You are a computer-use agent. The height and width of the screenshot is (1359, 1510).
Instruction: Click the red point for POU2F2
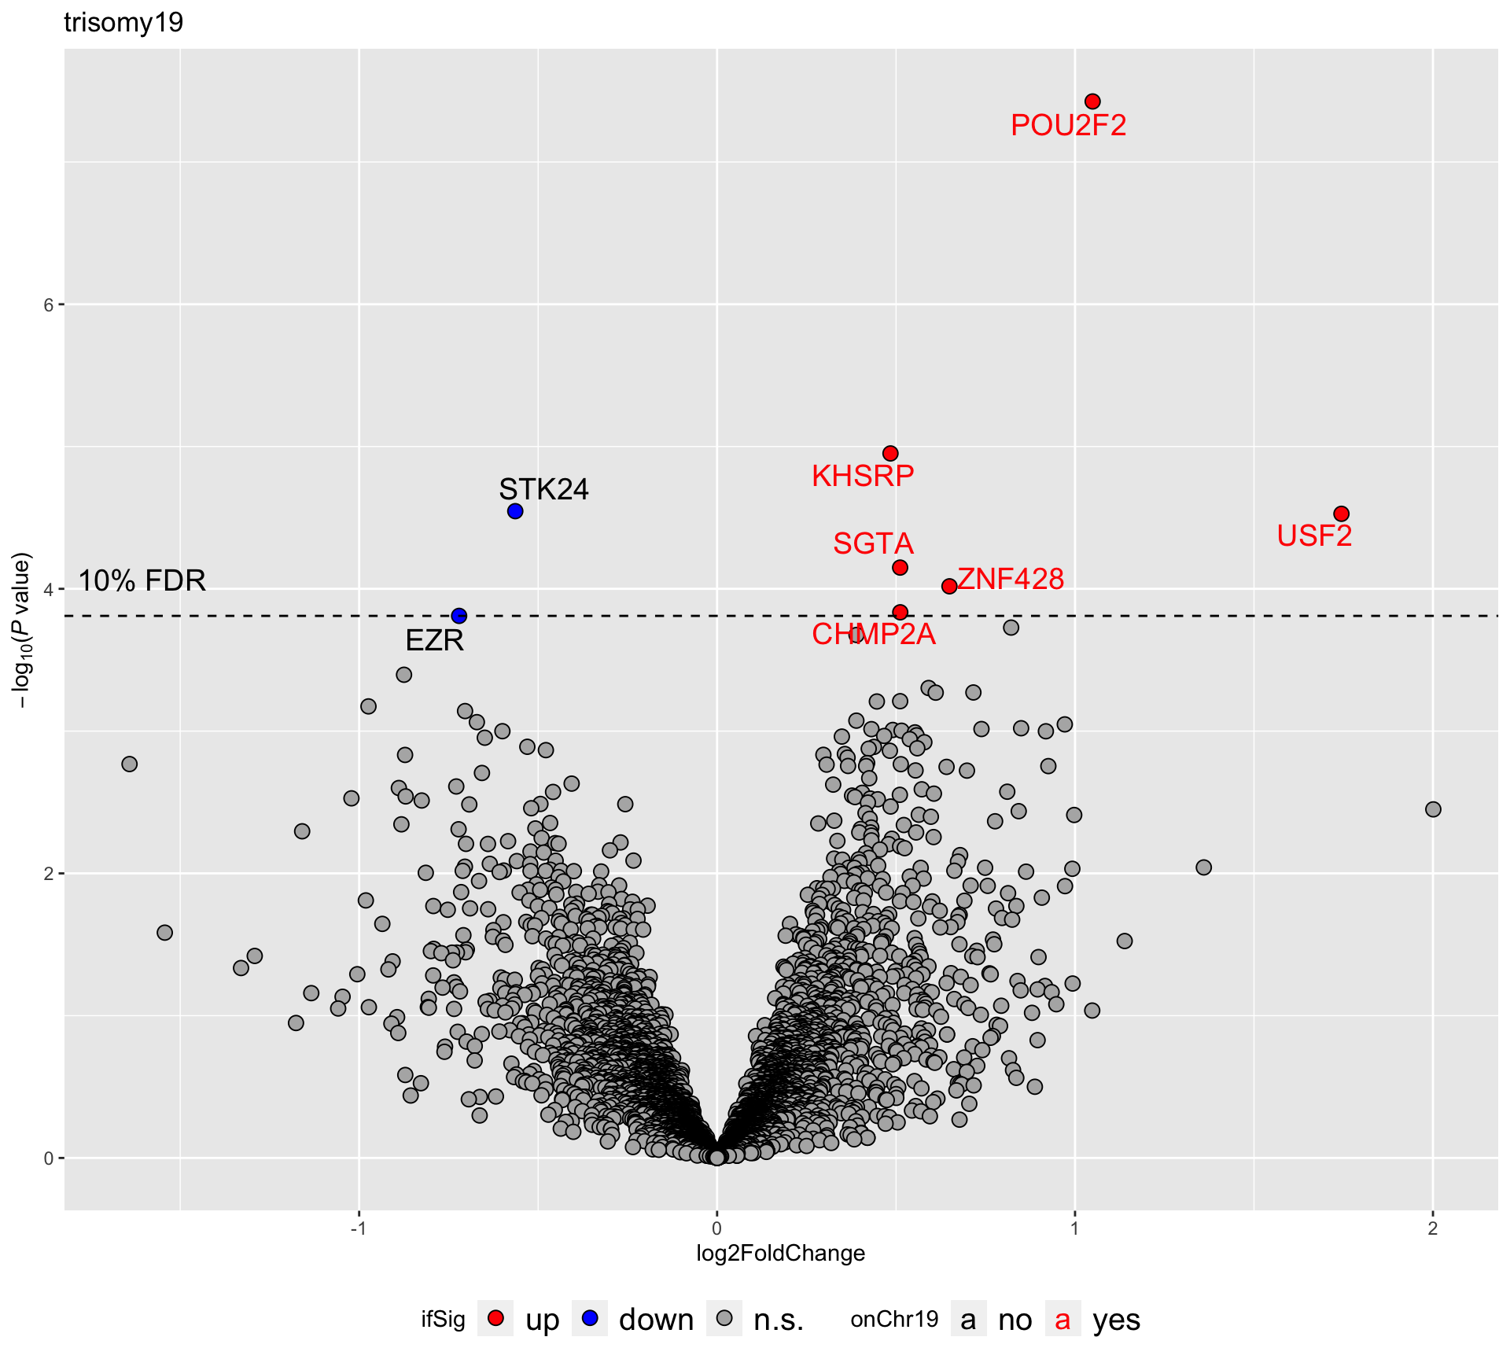(1092, 101)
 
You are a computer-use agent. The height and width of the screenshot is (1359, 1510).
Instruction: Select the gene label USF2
(1314, 536)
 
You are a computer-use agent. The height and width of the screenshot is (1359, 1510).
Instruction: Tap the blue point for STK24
(515, 511)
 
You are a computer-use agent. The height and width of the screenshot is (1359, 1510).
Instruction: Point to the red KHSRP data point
(890, 453)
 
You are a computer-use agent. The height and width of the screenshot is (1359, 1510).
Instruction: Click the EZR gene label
(434, 641)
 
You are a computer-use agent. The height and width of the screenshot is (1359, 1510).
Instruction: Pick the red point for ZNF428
(949, 586)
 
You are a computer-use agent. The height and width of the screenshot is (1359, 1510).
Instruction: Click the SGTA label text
(873, 543)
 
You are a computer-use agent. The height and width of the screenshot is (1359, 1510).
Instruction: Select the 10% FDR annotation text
(142, 580)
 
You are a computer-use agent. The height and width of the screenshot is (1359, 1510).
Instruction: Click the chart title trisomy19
(123, 22)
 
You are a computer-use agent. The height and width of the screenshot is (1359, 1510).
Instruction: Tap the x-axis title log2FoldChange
(780, 1253)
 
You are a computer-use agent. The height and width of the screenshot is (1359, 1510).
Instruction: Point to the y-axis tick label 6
(49, 305)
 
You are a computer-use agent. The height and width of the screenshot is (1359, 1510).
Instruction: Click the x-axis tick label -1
(358, 1228)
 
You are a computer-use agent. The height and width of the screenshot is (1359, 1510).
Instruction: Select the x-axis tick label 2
(1432, 1228)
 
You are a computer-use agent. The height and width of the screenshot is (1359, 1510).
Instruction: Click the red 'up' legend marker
(495, 1319)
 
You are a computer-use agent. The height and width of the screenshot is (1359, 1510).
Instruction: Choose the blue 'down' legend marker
(590, 1319)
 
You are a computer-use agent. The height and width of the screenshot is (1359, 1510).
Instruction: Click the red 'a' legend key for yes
(1063, 1320)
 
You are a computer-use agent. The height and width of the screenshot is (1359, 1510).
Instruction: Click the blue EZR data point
(459, 615)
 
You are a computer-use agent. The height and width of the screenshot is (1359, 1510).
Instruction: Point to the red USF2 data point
(1342, 514)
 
